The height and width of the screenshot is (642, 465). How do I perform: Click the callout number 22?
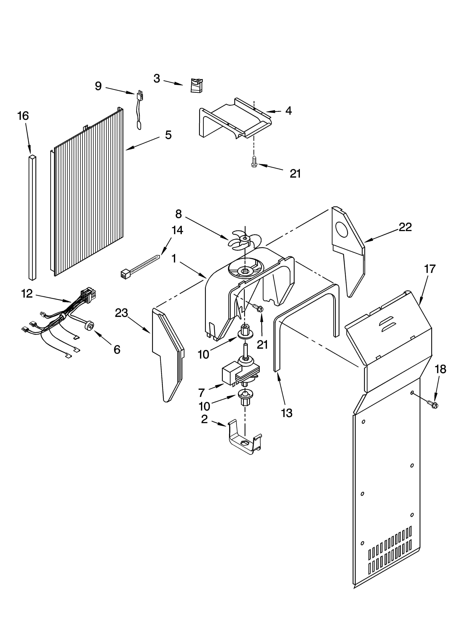click(405, 227)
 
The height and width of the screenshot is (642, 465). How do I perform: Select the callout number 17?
click(430, 269)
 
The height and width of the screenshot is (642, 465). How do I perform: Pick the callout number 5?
click(168, 135)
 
